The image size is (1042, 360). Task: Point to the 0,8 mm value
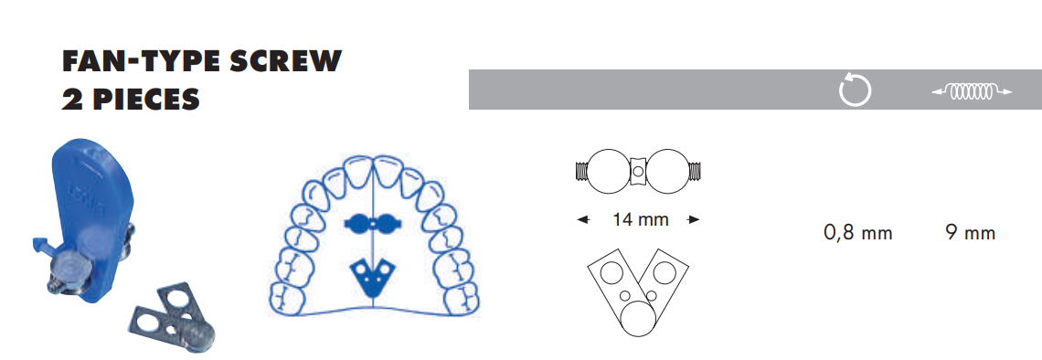(857, 233)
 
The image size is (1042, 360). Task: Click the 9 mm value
(971, 233)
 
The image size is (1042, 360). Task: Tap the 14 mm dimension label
(640, 219)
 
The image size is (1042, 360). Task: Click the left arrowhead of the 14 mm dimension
(581, 219)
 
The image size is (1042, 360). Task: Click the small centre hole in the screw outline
(639, 170)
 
